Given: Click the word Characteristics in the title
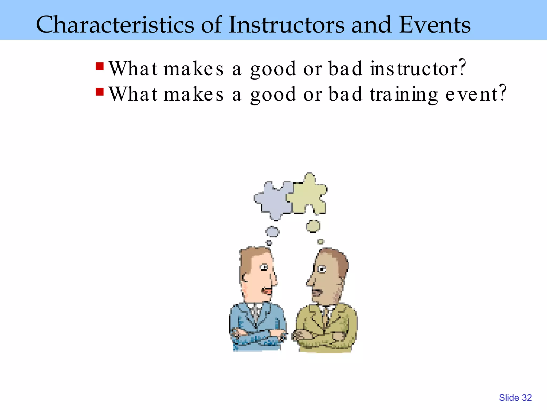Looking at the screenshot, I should (x=115, y=25).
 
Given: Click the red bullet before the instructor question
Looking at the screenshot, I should (x=100, y=66).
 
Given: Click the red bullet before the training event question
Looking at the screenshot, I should (x=100, y=92).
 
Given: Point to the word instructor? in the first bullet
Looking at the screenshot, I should (x=418, y=68).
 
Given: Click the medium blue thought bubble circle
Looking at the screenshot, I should (x=272, y=231).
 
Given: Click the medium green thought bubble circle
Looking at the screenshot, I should (x=313, y=226).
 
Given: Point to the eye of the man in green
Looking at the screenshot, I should (x=322, y=269).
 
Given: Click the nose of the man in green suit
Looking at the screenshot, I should (x=311, y=280).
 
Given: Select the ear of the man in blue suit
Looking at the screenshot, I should (x=244, y=278).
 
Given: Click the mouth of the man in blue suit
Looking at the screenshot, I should (x=267, y=291).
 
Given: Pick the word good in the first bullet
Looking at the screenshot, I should (x=273, y=69).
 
